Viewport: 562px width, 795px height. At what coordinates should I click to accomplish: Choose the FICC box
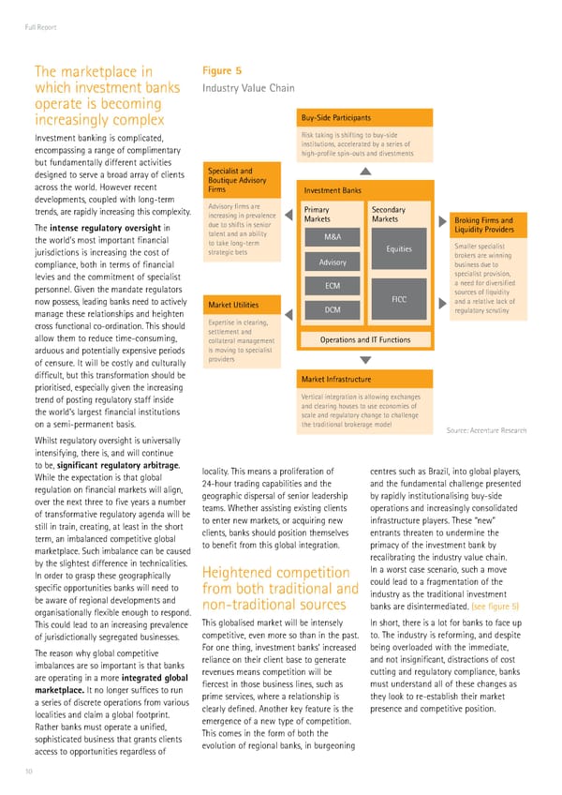pos(400,297)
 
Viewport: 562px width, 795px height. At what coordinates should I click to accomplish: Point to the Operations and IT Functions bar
pos(364,339)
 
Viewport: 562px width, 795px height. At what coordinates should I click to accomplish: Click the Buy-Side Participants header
pos(364,117)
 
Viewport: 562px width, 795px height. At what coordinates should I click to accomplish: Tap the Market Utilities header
pos(234,304)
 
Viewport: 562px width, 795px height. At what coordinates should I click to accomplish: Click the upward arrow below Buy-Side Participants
pos(365,172)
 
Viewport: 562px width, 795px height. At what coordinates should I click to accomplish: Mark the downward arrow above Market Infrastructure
pos(365,359)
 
